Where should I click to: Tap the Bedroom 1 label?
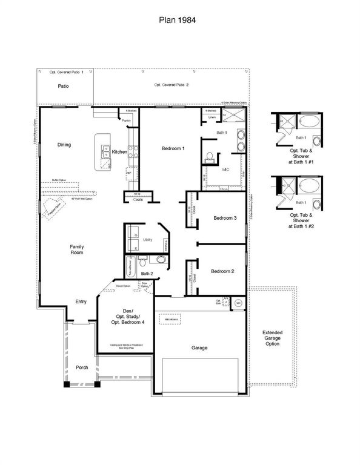[x=173, y=148]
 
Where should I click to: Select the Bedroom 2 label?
[x=222, y=272]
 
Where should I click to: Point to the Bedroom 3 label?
[x=224, y=218]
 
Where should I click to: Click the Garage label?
[x=199, y=348]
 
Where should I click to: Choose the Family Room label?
[x=76, y=249]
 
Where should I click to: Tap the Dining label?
[x=64, y=145]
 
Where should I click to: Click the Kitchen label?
[x=119, y=152]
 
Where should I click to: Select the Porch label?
[x=81, y=368]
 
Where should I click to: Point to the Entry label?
[x=81, y=301]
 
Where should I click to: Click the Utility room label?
[x=147, y=240]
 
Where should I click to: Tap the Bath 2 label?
[x=146, y=274]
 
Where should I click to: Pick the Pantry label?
[x=127, y=120]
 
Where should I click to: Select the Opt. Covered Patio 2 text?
[x=171, y=85]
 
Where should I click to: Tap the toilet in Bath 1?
[x=209, y=157]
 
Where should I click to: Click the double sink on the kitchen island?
[x=105, y=153]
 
